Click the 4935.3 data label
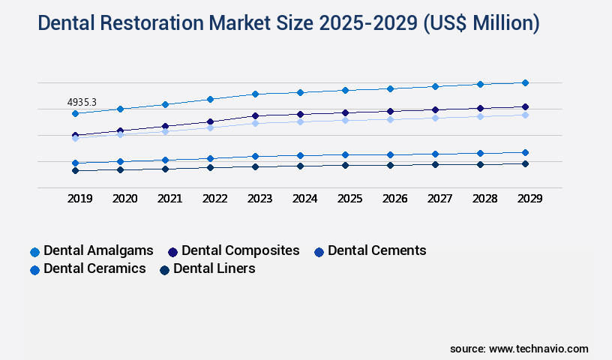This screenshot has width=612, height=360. coord(82,102)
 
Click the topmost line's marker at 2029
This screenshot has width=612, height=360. coord(525,82)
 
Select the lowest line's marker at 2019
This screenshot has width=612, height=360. coord(75,170)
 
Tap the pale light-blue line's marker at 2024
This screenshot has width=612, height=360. coord(300,121)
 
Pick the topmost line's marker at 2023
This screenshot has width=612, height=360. coord(255,94)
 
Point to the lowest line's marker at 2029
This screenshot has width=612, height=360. coord(525,163)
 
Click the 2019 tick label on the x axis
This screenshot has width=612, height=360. coord(80,199)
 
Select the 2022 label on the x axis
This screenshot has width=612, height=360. coord(214,199)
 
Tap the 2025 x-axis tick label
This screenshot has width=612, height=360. coord(349,199)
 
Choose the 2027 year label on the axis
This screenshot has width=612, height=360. coord(439,199)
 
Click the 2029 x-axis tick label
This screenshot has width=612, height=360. coord(529,199)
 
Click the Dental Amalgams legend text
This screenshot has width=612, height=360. coord(98,250)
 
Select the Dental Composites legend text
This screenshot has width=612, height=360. coord(240,250)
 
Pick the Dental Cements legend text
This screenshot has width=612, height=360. coord(376,250)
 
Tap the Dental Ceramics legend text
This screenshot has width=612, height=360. coord(94,268)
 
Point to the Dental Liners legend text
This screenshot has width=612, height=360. coord(214,268)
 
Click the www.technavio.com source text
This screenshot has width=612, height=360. coord(538,349)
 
